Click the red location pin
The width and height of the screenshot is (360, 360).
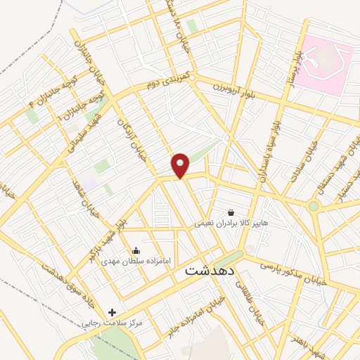181,165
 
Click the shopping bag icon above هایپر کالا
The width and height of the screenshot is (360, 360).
231,212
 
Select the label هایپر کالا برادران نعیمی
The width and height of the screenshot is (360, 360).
231,223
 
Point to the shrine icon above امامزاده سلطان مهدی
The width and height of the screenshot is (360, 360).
136,250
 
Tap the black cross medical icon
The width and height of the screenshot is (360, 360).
112,311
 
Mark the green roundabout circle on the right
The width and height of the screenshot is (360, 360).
313,206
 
